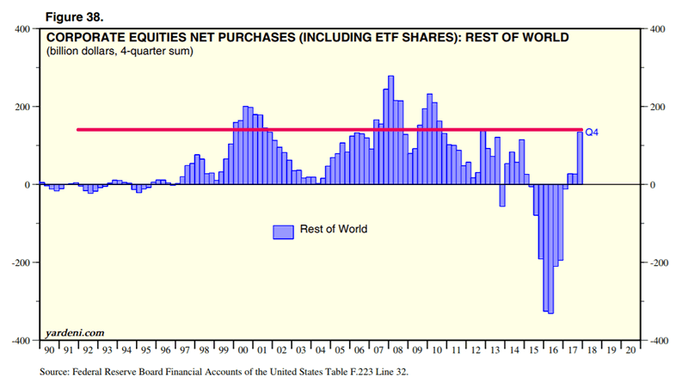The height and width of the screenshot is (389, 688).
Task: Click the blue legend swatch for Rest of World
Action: [x=283, y=231]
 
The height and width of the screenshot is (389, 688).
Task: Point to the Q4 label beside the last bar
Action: [x=592, y=133]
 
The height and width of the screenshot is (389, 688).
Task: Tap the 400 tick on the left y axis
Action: [x=22, y=29]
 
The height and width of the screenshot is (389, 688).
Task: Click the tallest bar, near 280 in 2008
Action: [x=391, y=129]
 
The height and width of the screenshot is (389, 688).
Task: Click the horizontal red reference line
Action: [x=258, y=130]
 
